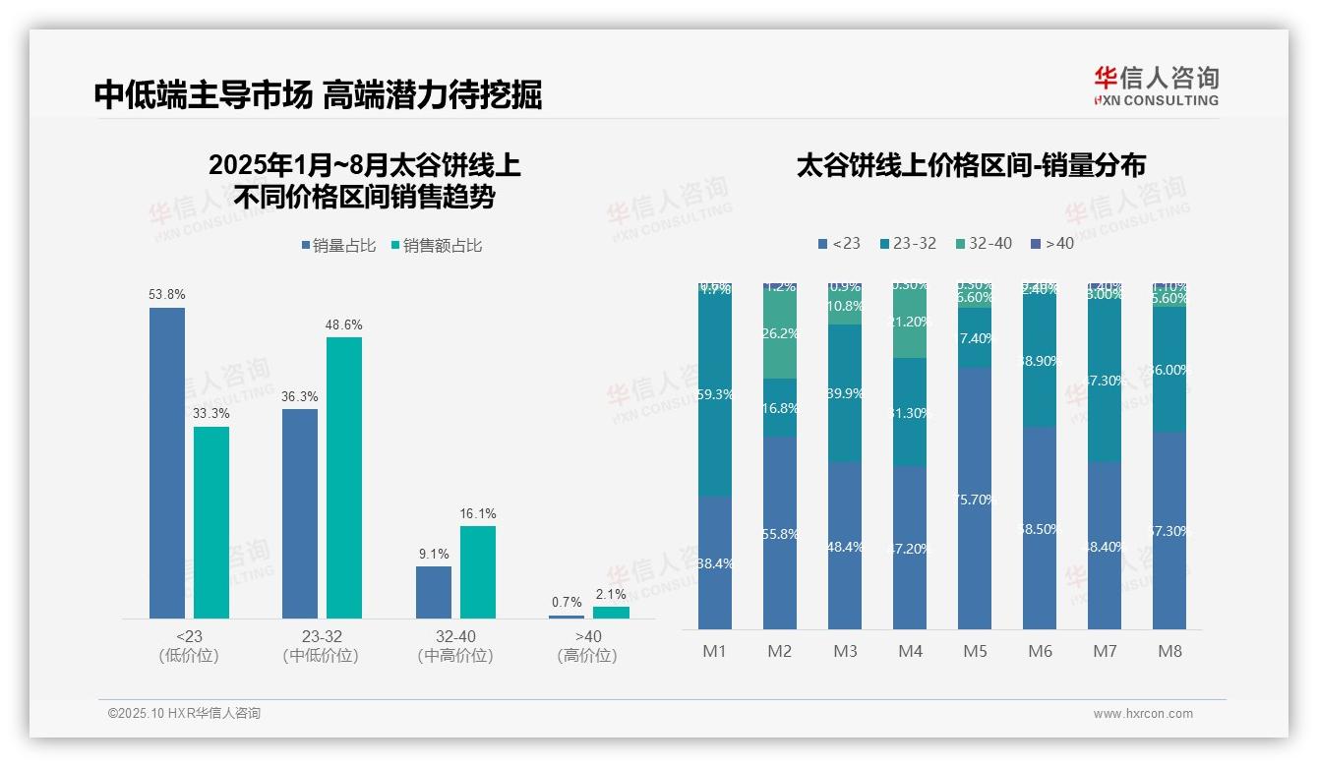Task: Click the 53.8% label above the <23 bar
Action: tap(166, 294)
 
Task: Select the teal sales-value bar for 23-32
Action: tap(343, 477)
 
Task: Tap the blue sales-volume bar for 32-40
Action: tap(433, 592)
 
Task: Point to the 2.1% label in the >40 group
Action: tap(610, 595)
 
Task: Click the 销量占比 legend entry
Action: tap(338, 246)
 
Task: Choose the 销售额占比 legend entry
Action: tap(436, 246)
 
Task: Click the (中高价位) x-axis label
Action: tap(454, 656)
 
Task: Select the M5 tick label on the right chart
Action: tap(975, 651)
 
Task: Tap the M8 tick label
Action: tap(1169, 651)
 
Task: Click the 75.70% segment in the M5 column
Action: tap(975, 499)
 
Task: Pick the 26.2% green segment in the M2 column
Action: tap(779, 334)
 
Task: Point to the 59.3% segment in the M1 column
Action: tap(714, 393)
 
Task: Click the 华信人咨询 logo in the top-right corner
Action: tap(1156, 86)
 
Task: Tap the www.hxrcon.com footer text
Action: tap(1143, 714)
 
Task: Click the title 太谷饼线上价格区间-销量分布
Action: tap(971, 165)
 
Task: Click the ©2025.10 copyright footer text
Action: tap(184, 714)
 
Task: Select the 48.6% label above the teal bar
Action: tap(343, 324)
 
